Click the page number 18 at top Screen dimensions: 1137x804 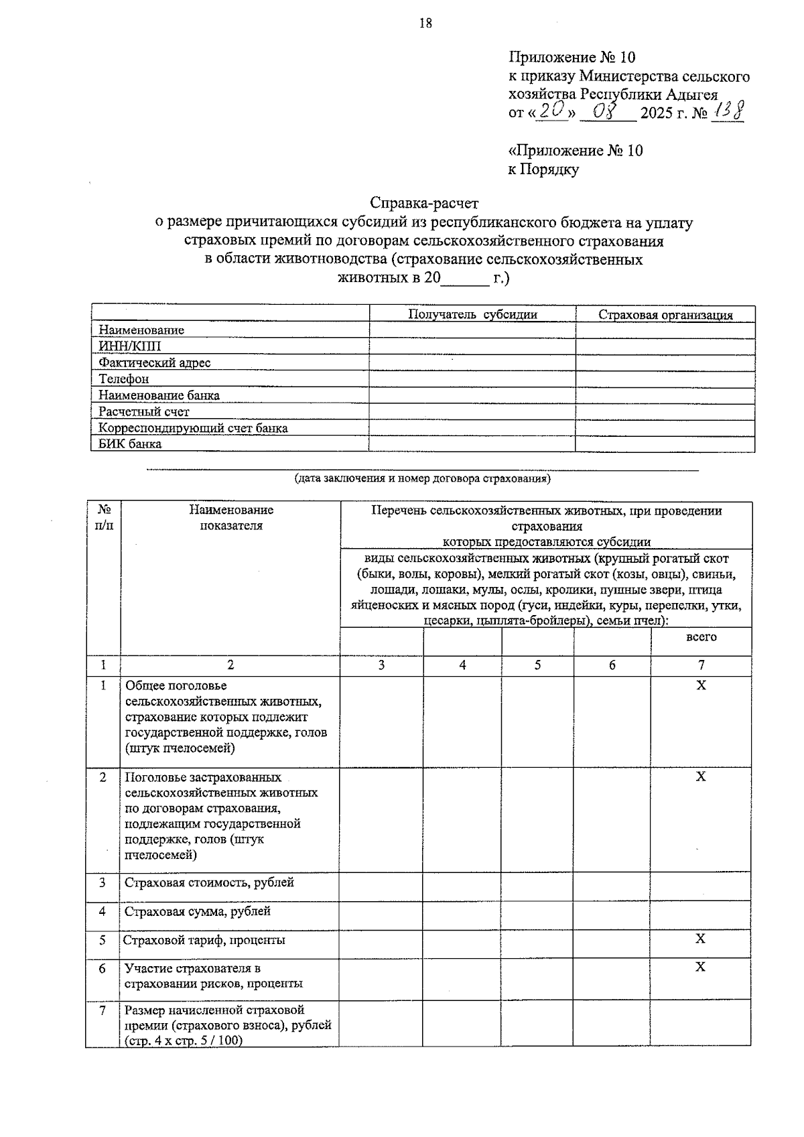tap(425, 23)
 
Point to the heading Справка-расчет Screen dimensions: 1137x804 tap(425, 202)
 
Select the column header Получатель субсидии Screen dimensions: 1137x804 tap(472, 314)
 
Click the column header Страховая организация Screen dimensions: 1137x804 tap(665, 315)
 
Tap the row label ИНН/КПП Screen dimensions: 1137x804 tap(130, 346)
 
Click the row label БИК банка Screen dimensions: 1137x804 tap(130, 444)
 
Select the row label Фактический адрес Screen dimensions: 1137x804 tap(154, 362)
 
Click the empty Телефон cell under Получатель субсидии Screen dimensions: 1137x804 tap(472, 379)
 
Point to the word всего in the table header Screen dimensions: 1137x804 tap(701, 637)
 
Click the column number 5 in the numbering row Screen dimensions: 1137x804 tap(537, 665)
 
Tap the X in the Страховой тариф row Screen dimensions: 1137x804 tap(700, 939)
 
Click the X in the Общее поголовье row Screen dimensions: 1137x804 tap(701, 685)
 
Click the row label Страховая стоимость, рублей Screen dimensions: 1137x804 tap(209, 882)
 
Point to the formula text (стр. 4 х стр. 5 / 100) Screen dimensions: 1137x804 tap(184, 1041)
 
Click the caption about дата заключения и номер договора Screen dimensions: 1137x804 tap(422, 479)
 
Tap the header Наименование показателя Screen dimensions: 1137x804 tap(231, 518)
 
